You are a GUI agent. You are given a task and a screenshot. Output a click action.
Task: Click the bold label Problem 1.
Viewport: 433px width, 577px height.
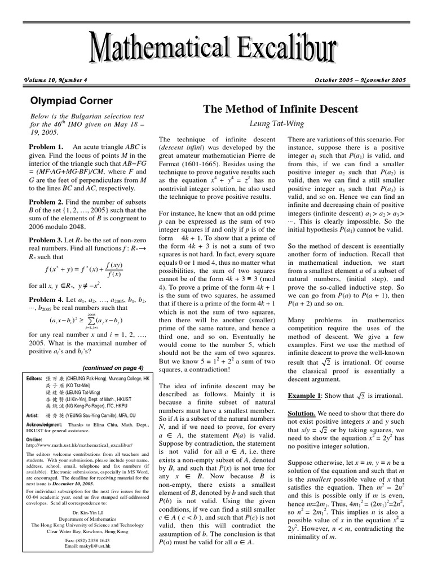pyautogui.click(x=45, y=147)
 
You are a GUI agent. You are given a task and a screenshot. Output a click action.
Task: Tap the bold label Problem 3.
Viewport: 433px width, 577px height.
pyautogui.click(x=45, y=240)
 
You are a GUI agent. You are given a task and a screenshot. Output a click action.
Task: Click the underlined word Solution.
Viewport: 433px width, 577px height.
pyautogui.click(x=303, y=414)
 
